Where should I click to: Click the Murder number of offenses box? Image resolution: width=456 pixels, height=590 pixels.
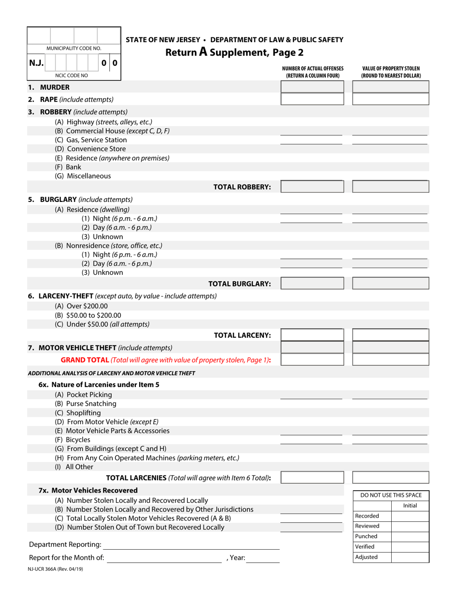pyautogui.click(x=312, y=87)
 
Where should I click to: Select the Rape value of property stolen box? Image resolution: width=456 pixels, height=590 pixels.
pyautogui.click(x=391, y=99)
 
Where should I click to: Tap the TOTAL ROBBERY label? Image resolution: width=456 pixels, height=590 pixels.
pyautogui.click(x=242, y=187)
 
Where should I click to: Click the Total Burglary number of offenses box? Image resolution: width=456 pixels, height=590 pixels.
pyautogui.click(x=312, y=283)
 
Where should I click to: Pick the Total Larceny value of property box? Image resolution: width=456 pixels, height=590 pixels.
pyautogui.click(x=391, y=335)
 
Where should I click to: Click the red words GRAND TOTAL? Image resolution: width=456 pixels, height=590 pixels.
pyautogui.click(x=84, y=360)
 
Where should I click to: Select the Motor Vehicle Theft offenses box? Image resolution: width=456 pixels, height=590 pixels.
pyautogui.click(x=312, y=347)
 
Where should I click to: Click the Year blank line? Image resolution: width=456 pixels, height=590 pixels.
pyautogui.click(x=263, y=558)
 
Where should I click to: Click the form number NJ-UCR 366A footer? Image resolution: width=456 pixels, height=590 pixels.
pyautogui.click(x=56, y=569)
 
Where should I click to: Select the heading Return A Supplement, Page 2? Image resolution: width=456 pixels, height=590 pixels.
pyautogui.click(x=234, y=52)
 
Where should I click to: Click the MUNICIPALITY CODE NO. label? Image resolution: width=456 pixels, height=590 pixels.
pyautogui.click(x=74, y=48)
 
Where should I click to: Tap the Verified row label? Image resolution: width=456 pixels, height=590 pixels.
pyautogui.click(x=365, y=546)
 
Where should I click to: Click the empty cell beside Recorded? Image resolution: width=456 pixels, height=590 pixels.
pyautogui.click(x=410, y=516)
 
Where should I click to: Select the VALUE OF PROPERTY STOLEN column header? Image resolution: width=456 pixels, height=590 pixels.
pyautogui.click(x=391, y=72)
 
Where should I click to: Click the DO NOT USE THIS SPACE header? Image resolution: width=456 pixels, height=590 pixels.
pyautogui.click(x=391, y=495)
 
